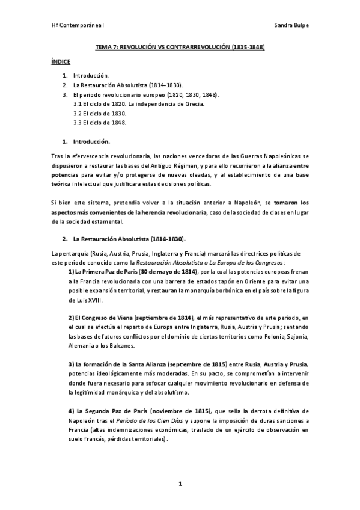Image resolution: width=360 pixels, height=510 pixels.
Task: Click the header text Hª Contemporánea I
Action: click(72, 26)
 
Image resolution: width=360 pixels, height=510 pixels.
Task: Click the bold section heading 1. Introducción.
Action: click(87, 142)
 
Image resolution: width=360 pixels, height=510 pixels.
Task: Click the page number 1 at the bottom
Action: click(180, 484)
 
